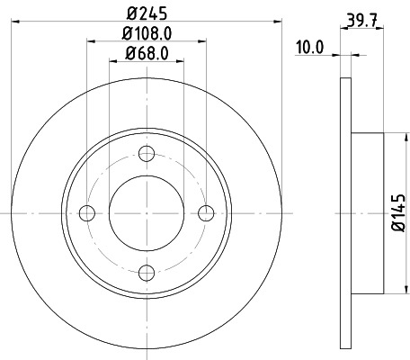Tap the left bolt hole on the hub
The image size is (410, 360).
(x=87, y=212)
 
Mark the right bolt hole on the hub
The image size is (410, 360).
(x=206, y=212)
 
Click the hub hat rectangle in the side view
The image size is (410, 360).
(x=368, y=212)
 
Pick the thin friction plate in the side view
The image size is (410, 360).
(x=345, y=212)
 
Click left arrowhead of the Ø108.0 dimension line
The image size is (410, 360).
(x=90, y=41)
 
